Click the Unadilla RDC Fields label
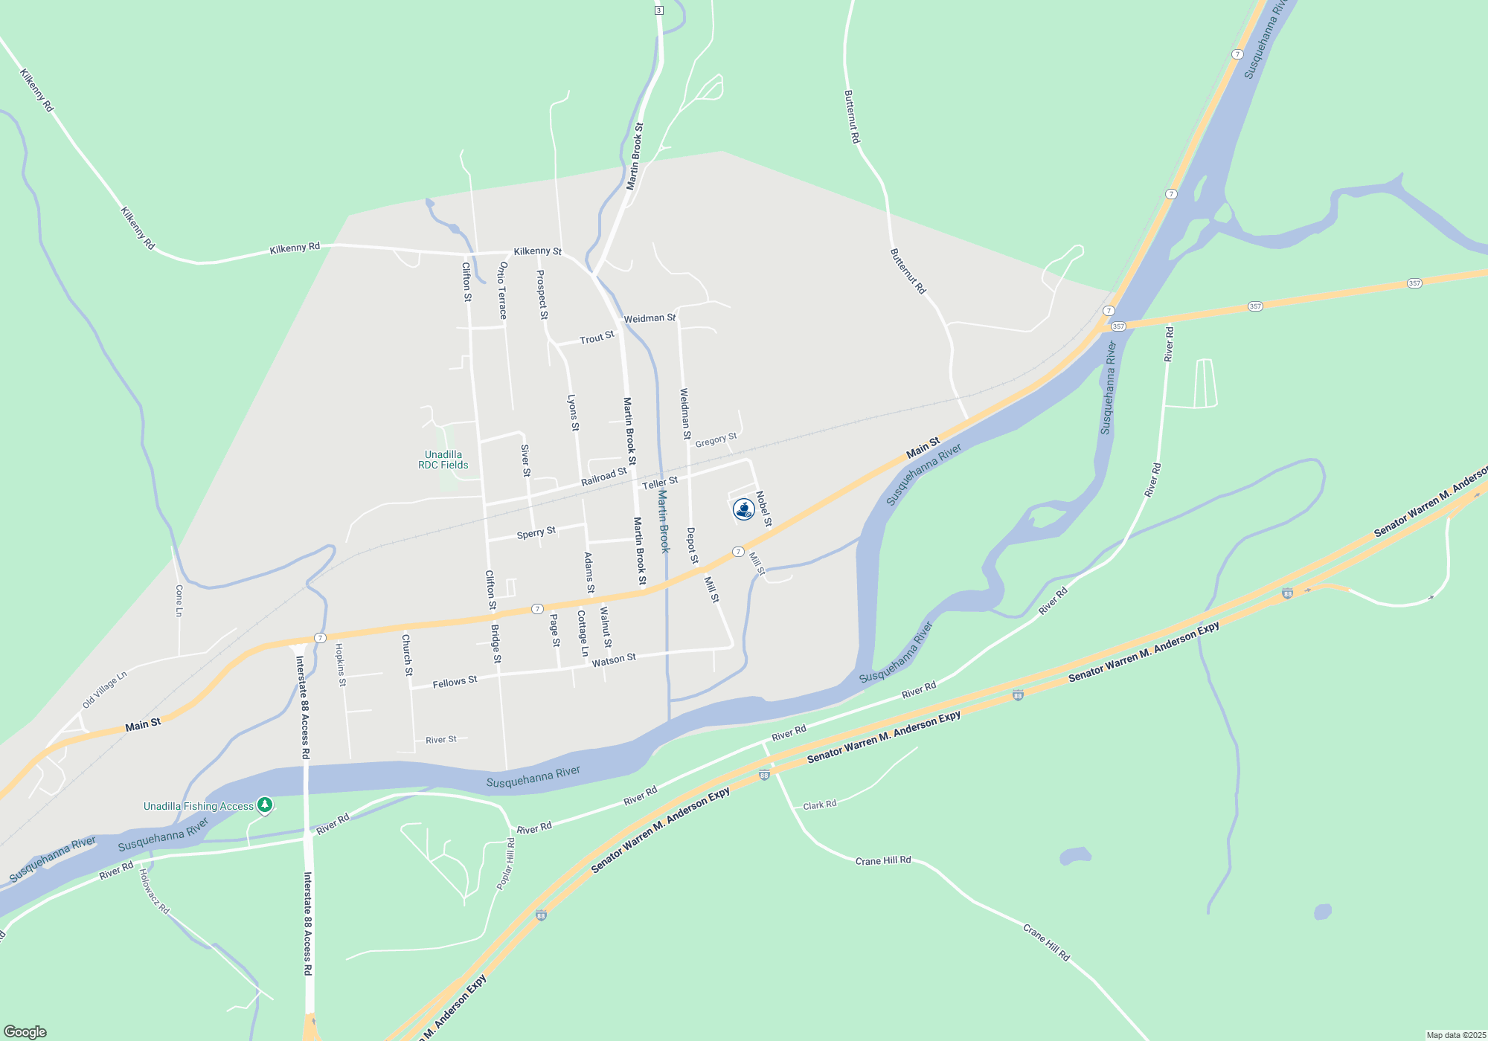(x=443, y=460)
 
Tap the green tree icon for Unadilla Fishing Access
(x=264, y=805)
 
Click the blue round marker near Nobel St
(x=743, y=509)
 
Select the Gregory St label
(x=716, y=440)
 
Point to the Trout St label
(x=597, y=338)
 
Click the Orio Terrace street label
(x=503, y=290)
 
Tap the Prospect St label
(x=542, y=294)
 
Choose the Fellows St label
(x=455, y=682)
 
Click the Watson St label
(x=614, y=660)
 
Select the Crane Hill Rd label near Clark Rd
(x=883, y=860)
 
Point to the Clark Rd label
(x=820, y=805)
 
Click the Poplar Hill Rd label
(x=506, y=863)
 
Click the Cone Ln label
(x=179, y=601)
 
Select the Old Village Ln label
(x=105, y=690)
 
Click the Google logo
(x=25, y=1032)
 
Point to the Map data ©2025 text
(x=1456, y=1035)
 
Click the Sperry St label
(x=536, y=533)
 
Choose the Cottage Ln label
(x=583, y=634)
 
